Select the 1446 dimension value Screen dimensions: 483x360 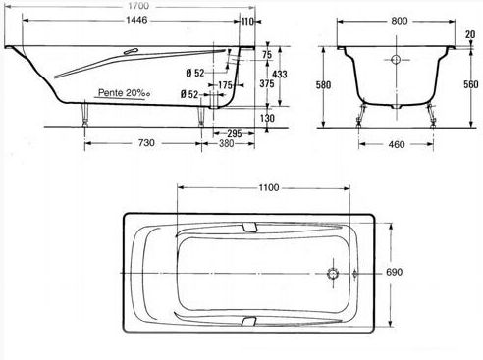point(136,20)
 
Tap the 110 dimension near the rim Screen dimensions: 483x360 point(247,22)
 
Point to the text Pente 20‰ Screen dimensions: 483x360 point(124,93)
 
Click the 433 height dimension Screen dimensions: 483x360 point(280,75)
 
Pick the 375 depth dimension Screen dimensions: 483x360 point(267,83)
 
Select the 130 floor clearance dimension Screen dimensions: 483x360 point(267,118)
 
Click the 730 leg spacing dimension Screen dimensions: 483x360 point(146,143)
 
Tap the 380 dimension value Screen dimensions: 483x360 point(227,143)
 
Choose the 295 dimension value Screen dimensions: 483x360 point(235,133)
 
